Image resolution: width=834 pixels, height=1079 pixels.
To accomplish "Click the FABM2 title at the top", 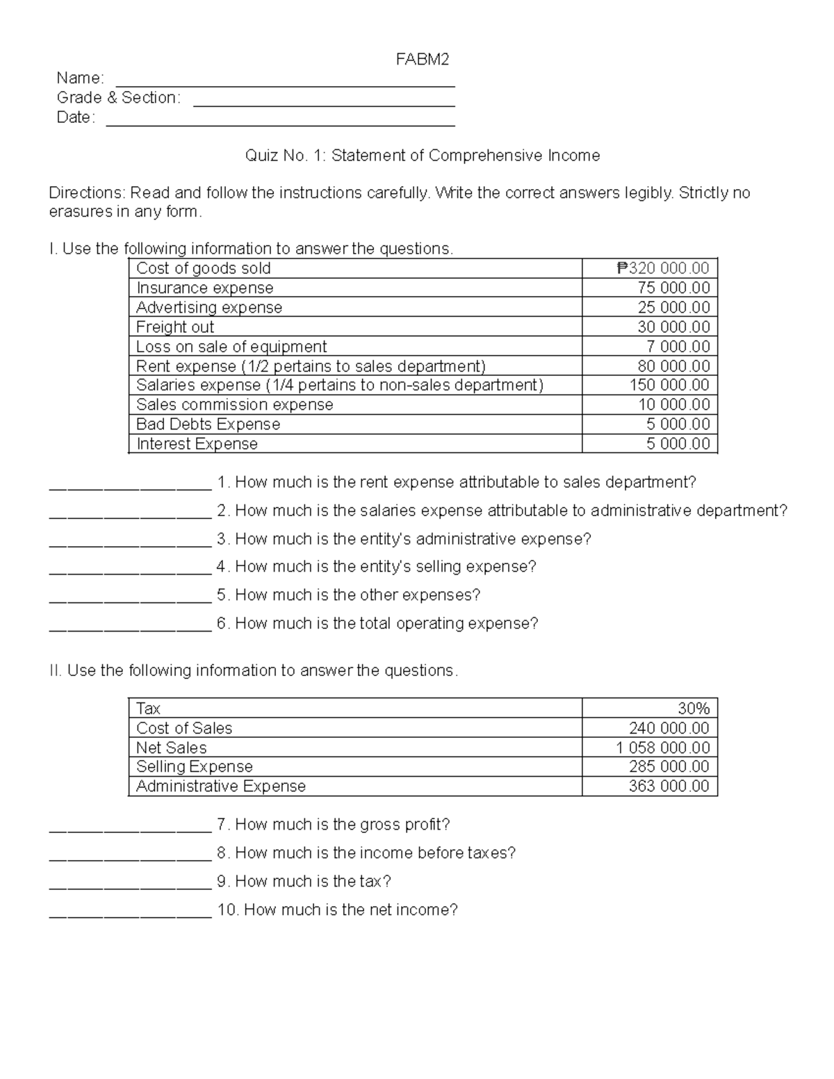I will point(422,60).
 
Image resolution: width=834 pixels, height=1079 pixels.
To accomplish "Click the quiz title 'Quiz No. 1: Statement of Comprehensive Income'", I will point(422,156).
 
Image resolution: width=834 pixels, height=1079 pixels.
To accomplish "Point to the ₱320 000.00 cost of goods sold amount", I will point(663,268).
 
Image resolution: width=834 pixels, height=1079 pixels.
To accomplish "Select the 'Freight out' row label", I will point(175,327).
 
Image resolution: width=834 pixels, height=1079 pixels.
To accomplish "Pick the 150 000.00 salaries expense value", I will point(669,385).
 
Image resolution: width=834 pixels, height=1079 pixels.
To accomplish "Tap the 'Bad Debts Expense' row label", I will point(208,425).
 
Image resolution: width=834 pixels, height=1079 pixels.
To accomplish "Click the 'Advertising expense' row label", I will point(209,308).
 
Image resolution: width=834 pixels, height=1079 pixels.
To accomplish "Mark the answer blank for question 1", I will point(130,487).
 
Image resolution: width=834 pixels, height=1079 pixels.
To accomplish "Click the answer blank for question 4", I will point(130,572).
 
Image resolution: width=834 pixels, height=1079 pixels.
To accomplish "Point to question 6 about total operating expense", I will point(377,623).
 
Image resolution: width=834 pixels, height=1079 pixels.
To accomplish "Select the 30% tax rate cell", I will point(694,709).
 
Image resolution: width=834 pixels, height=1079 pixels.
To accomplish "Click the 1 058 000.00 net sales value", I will point(662,748).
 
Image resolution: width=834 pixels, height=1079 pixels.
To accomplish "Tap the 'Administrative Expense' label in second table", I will point(221,786).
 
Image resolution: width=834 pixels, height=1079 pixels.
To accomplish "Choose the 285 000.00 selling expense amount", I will point(669,767).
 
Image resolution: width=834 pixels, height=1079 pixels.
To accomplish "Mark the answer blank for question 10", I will point(130,915).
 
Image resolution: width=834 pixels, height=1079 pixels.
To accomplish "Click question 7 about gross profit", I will point(334,825).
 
